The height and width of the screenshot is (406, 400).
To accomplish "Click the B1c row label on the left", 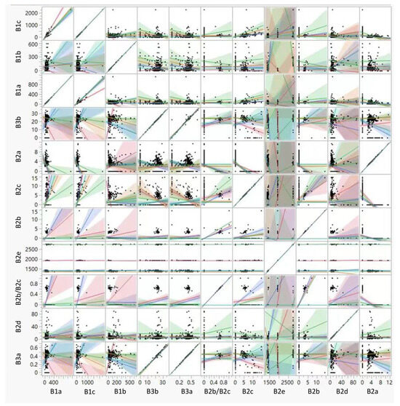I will click(x=7, y=24).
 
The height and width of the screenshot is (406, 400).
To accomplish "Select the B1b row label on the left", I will click(x=7, y=57).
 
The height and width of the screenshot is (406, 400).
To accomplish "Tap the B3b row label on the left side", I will click(x=7, y=124).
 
